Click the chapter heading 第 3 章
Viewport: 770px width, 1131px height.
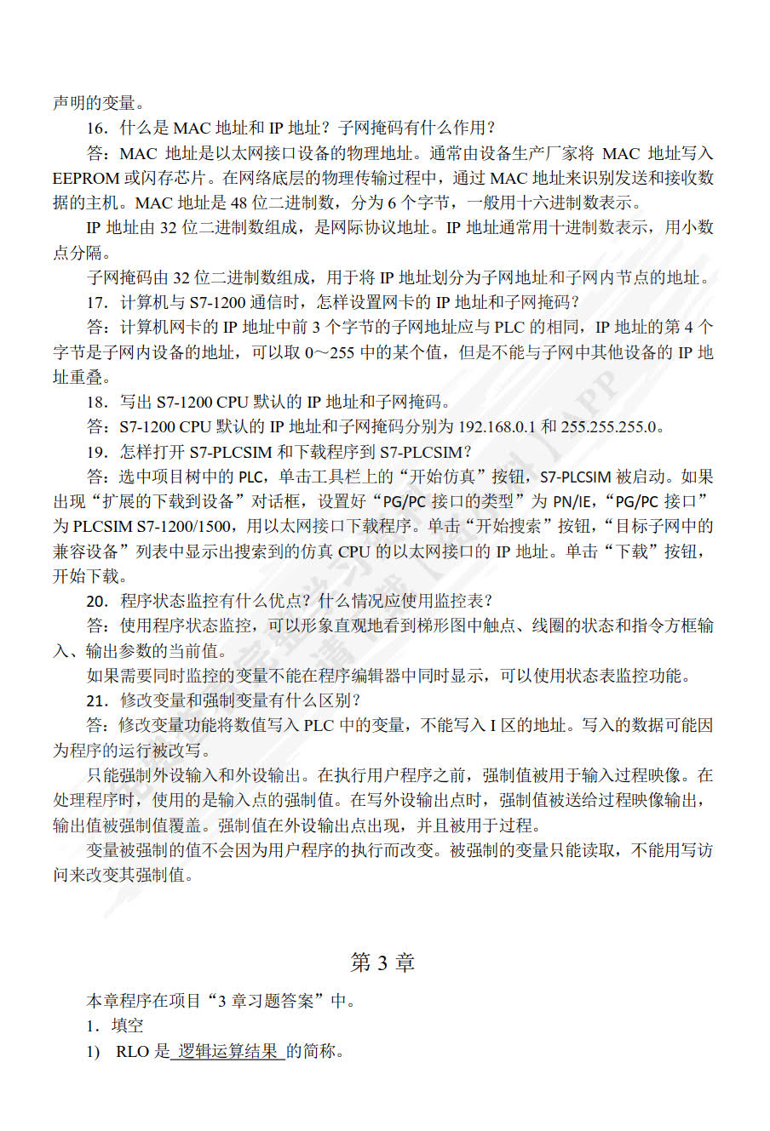382,962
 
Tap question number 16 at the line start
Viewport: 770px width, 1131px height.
97,129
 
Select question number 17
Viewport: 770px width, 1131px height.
97,302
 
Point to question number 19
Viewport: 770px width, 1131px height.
97,452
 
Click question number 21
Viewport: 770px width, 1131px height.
97,700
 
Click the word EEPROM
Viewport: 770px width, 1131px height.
86,178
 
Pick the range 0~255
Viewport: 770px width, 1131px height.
330,352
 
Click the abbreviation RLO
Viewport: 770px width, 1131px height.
132,1052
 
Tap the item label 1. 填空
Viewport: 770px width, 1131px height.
115,1026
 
